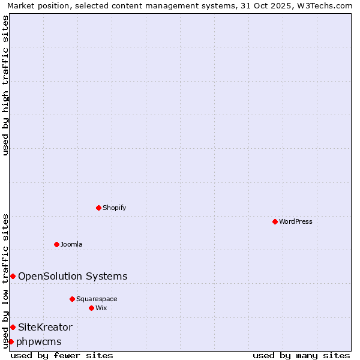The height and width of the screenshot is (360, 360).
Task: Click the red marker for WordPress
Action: [x=275, y=221]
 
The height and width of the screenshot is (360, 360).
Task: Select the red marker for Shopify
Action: [x=98, y=208]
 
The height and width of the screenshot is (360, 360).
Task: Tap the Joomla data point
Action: [x=56, y=244]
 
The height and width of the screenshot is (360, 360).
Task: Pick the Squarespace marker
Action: [x=72, y=299]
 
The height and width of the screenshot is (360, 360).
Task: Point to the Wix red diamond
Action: [x=91, y=308]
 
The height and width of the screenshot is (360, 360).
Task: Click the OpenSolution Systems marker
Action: [x=13, y=276]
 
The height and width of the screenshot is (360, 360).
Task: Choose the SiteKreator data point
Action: [x=13, y=327]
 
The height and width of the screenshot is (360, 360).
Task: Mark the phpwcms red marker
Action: [x=11, y=341]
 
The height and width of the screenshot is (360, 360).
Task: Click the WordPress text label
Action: [x=296, y=221]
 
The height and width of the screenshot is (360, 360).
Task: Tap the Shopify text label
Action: [x=114, y=208]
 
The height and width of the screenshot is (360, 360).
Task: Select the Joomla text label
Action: [x=71, y=244]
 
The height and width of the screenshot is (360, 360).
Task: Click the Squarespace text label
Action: [x=97, y=299]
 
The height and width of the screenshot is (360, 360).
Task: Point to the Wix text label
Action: [x=101, y=308]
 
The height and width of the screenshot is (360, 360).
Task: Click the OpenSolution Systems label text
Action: [x=73, y=276]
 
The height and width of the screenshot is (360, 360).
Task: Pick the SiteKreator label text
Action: [x=45, y=327]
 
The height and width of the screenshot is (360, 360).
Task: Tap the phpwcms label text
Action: [x=39, y=341]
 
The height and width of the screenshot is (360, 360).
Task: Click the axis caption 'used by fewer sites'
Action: [x=62, y=355]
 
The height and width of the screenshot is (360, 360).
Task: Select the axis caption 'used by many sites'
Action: [x=301, y=355]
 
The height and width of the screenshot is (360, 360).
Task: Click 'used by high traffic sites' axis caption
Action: [x=5, y=85]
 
